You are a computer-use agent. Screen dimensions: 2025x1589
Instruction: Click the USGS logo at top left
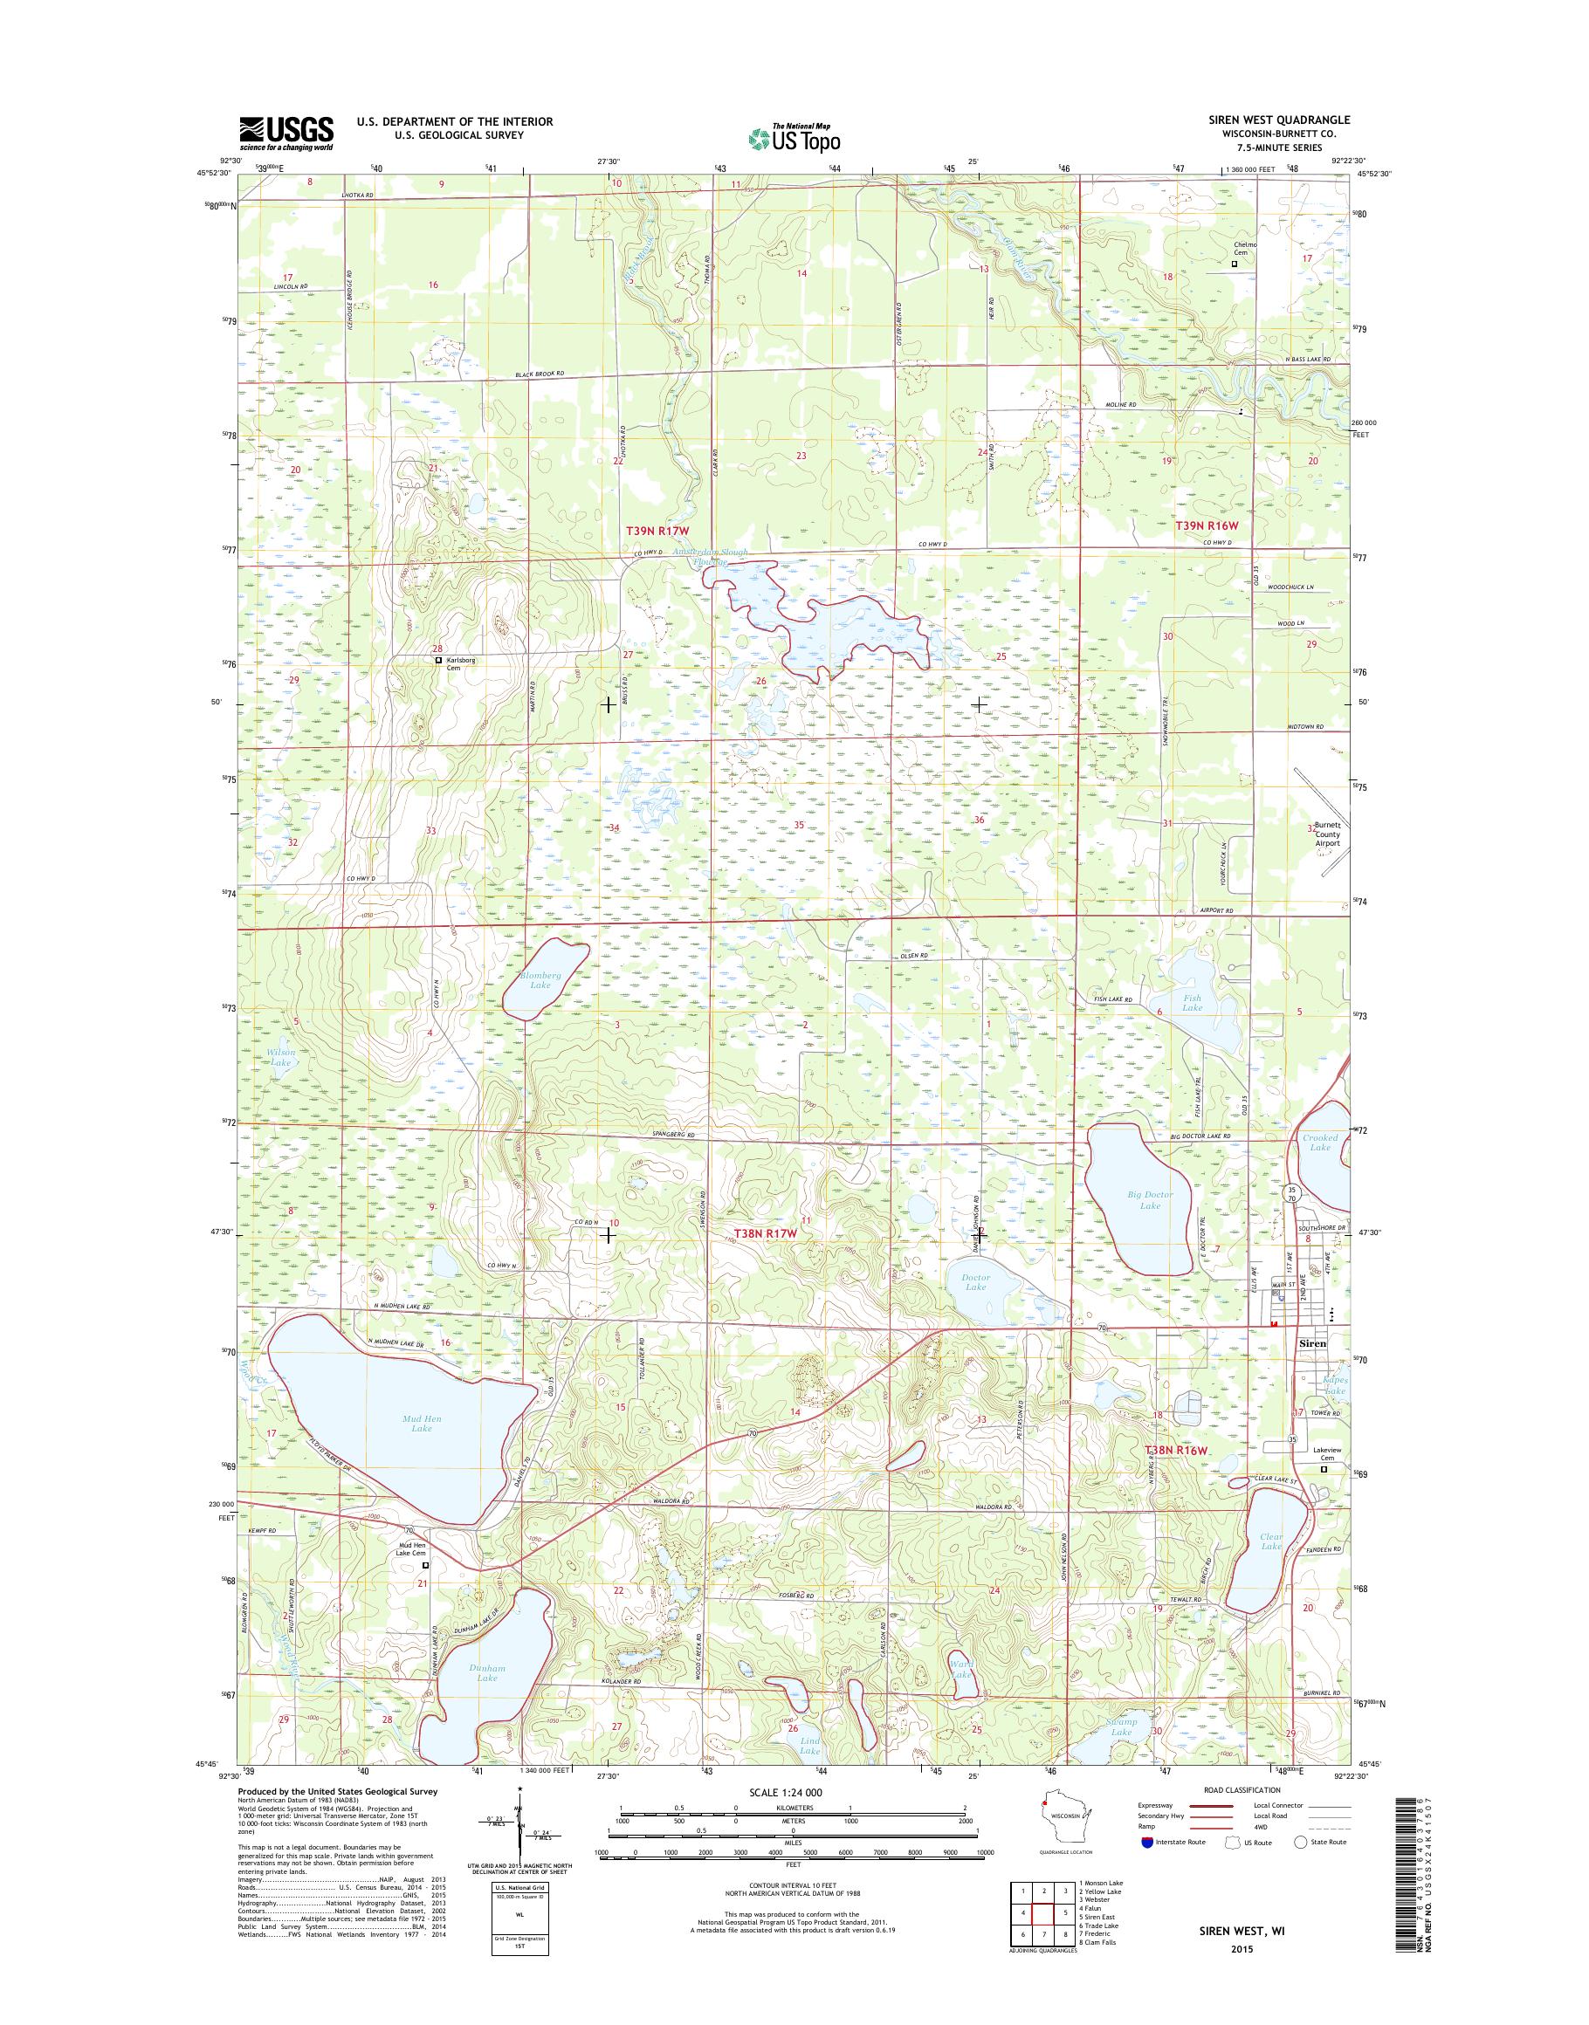point(286,133)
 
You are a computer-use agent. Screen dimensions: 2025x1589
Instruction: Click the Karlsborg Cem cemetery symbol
point(439,661)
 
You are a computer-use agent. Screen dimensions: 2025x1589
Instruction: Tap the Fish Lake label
point(1192,1003)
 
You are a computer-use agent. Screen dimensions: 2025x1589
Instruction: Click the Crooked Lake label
point(1320,1143)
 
